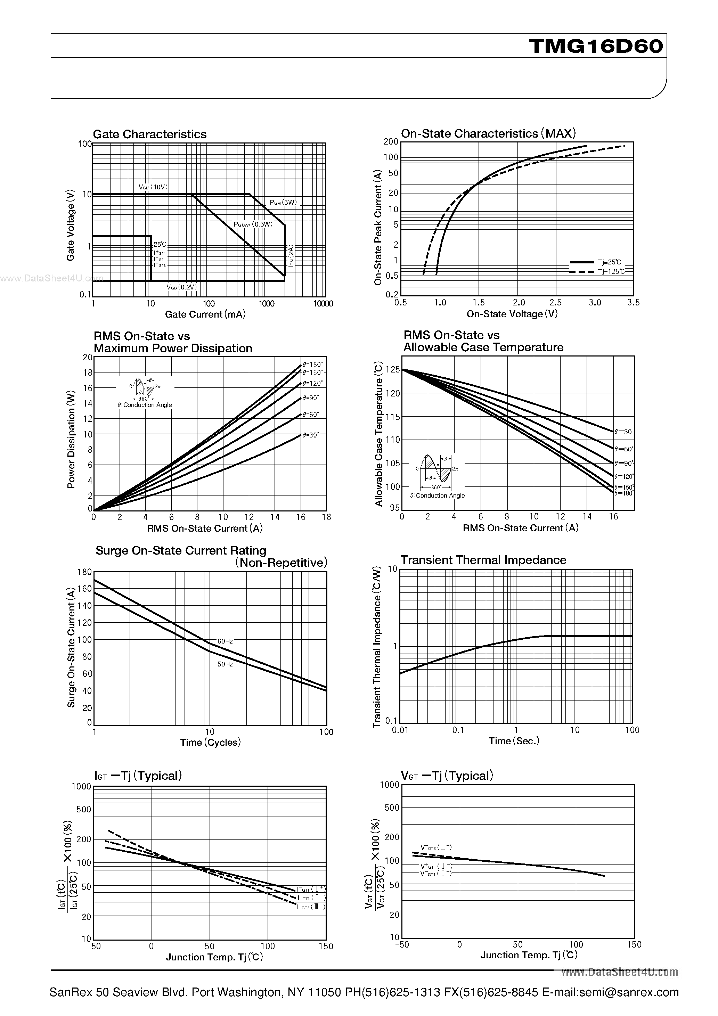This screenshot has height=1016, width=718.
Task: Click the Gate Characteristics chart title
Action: pyautogui.click(x=150, y=134)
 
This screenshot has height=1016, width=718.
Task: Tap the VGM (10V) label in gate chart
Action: pyautogui.click(x=153, y=187)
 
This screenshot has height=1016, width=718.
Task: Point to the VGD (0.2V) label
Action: pyautogui.click(x=181, y=287)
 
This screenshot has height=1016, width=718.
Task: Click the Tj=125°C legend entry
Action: pyautogui.click(x=611, y=271)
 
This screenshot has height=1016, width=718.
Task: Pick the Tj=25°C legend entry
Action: pyautogui.click(x=609, y=262)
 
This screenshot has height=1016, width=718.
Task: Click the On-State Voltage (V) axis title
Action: pyautogui.click(x=512, y=314)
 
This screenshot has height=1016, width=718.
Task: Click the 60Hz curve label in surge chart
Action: pyautogui.click(x=225, y=641)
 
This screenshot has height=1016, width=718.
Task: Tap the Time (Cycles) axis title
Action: pyautogui.click(x=210, y=743)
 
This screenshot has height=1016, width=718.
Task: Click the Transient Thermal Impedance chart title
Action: pyautogui.click(x=483, y=560)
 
